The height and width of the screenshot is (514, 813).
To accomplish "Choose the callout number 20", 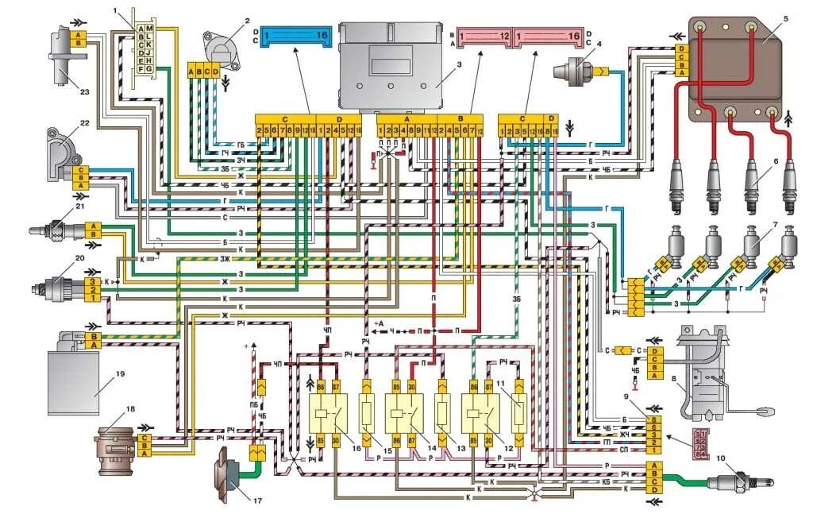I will tap(79, 258).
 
